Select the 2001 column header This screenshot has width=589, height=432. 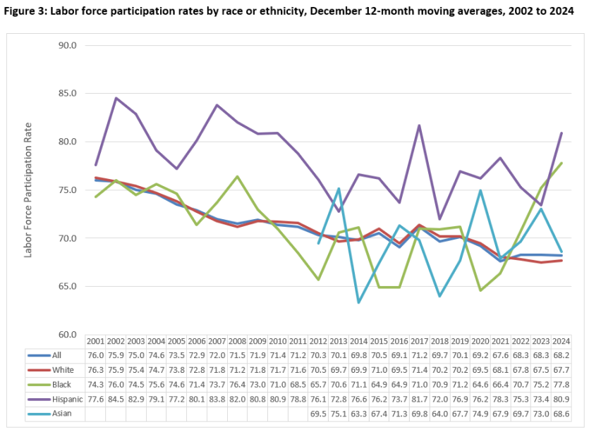coord(96,340)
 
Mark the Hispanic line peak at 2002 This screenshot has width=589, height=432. coord(116,98)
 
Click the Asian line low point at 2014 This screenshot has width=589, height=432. coord(358,302)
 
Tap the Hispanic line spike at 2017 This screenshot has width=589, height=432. coord(420,125)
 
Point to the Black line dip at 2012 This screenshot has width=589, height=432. coord(317,279)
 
